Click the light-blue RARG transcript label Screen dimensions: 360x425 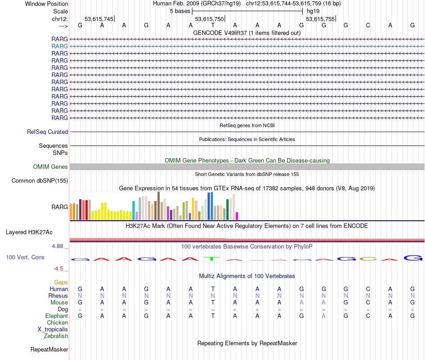59,46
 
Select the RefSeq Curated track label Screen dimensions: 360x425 47,132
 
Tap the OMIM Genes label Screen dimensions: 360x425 51,167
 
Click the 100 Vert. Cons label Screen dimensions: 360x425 25,257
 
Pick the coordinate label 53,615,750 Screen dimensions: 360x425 209,19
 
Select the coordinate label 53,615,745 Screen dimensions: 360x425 99,19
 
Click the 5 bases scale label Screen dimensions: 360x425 180,11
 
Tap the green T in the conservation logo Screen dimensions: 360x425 212,258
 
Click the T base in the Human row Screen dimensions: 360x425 213,289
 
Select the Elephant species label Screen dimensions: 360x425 56,316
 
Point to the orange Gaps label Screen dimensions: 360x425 61,283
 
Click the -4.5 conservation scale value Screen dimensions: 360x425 59,269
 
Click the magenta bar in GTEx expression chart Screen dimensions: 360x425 237,216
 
